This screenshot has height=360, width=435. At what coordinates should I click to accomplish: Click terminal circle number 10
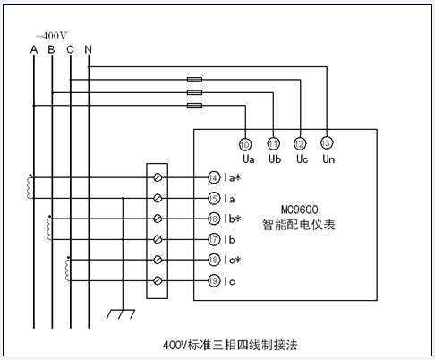pyautogui.click(x=245, y=145)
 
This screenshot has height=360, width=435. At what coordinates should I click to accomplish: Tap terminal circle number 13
pyautogui.click(x=327, y=143)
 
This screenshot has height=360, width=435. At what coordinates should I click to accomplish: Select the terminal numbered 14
pyautogui.click(x=213, y=178)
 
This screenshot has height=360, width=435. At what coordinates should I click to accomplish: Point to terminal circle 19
pyautogui.click(x=213, y=281)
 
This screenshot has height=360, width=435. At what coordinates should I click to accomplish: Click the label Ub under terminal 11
pyautogui.click(x=275, y=159)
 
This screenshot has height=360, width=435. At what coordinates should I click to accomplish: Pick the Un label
pyautogui.click(x=328, y=159)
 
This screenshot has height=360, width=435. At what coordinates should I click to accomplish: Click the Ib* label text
pyautogui.click(x=233, y=219)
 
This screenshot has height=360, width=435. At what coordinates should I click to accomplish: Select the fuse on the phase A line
pyautogui.click(x=194, y=106)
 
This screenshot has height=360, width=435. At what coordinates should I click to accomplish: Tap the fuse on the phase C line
pyautogui.click(x=194, y=80)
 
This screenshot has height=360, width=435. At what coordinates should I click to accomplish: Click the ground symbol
pyautogui.click(x=121, y=314)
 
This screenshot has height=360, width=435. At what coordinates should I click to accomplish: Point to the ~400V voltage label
pyautogui.click(x=52, y=36)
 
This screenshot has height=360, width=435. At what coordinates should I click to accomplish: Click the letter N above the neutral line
pyautogui.click(x=88, y=49)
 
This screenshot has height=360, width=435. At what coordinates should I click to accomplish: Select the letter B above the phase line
pyautogui.click(x=51, y=49)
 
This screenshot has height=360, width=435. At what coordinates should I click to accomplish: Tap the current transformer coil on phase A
pyautogui.click(x=30, y=188)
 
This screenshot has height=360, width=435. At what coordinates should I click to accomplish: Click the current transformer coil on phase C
pyautogui.click(x=67, y=270)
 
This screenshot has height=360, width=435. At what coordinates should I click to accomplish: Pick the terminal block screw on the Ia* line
pyautogui.click(x=158, y=177)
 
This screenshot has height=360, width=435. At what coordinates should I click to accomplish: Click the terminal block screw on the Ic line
pyautogui.click(x=158, y=281)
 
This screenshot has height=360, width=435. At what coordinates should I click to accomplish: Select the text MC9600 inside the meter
pyautogui.click(x=300, y=210)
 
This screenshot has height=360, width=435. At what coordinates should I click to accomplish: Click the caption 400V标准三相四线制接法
pyautogui.click(x=230, y=345)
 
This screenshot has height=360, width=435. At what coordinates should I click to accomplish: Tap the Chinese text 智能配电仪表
pyautogui.click(x=299, y=225)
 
